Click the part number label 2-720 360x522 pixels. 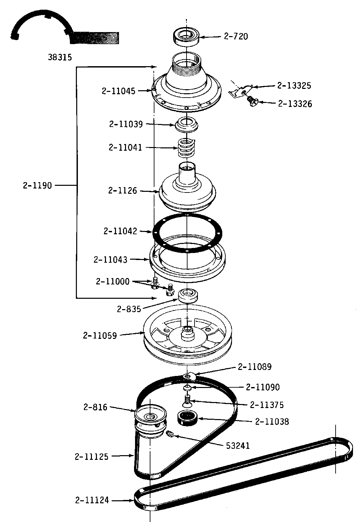click(x=236, y=36)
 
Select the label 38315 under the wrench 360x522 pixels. click(x=60, y=57)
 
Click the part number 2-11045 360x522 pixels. click(x=119, y=91)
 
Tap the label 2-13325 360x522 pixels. click(x=294, y=86)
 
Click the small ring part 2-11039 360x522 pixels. click(x=187, y=124)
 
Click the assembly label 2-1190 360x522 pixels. click(x=37, y=185)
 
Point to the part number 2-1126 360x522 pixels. click(x=123, y=190)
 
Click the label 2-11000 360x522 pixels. click(x=113, y=281)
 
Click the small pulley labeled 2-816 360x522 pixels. click(x=150, y=418)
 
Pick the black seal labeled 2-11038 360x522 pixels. click(x=187, y=418)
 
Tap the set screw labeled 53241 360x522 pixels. click(x=169, y=434)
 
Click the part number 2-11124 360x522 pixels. click(x=92, y=500)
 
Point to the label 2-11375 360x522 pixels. click(x=267, y=405)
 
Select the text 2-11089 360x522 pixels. click(x=255, y=367)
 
